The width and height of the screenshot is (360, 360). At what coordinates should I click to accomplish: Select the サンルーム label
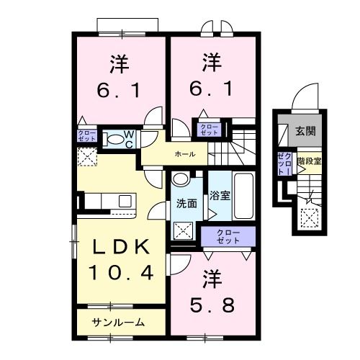118,322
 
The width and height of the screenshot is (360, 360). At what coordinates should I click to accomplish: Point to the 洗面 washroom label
186,204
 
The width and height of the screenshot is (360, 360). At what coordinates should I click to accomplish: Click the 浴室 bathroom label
220,194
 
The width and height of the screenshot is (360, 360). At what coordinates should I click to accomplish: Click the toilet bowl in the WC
112,139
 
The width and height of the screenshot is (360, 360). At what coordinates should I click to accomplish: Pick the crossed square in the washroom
184,230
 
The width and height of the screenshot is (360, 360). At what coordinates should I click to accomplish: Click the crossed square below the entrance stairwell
311,215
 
